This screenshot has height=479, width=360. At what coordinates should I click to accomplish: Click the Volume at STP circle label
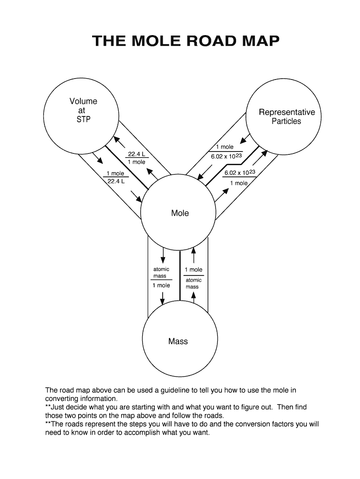(83, 110)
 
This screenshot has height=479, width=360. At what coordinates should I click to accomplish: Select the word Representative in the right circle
(287, 112)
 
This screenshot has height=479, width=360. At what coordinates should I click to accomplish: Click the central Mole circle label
(180, 213)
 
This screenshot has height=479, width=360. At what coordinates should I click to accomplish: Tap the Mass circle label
(178, 341)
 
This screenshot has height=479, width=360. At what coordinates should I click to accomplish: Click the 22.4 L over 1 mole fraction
(137, 158)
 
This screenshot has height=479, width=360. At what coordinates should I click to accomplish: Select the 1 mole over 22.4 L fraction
(115, 177)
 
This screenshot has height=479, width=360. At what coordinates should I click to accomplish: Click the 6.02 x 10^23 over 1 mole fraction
(239, 178)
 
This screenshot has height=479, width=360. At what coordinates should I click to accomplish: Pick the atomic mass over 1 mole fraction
(161, 277)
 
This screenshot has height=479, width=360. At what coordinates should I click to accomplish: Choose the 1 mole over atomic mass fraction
(193, 278)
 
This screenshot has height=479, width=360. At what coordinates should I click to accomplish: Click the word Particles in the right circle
(287, 122)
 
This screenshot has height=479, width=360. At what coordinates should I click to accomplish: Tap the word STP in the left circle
(83, 119)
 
